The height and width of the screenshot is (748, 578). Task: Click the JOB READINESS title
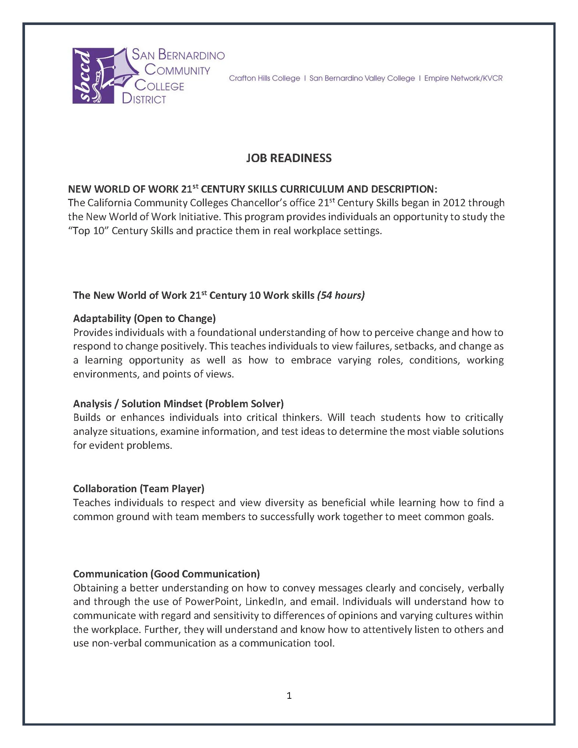pyautogui.click(x=289, y=158)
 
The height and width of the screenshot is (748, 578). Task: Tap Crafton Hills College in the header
pyautogui.click(x=265, y=78)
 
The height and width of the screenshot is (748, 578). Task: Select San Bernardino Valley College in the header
pyautogui.click(x=362, y=78)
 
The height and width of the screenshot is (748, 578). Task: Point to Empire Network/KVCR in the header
pyautogui.click(x=463, y=78)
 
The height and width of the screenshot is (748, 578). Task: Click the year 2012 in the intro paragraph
pyautogui.click(x=454, y=203)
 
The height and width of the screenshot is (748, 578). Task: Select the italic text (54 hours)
pyautogui.click(x=341, y=295)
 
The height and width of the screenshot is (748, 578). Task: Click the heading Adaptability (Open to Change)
pyautogui.click(x=144, y=318)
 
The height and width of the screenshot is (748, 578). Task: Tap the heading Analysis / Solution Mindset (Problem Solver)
pyautogui.click(x=178, y=404)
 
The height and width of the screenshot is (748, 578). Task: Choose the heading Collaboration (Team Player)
pyautogui.click(x=139, y=488)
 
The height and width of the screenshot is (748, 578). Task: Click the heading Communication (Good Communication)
pyautogui.click(x=166, y=574)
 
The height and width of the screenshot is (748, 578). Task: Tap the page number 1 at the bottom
pyautogui.click(x=289, y=695)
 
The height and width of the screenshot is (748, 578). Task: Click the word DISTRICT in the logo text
pyautogui.click(x=144, y=99)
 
